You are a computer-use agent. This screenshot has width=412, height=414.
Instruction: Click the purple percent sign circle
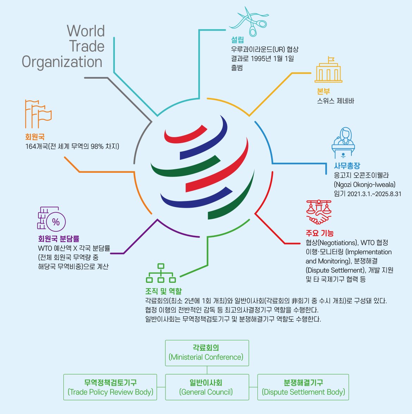click(56, 221)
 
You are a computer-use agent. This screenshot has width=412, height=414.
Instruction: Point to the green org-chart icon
click(161, 274)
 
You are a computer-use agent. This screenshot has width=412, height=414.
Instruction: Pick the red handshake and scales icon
click(319, 212)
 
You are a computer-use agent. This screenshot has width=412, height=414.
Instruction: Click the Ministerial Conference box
click(207, 353)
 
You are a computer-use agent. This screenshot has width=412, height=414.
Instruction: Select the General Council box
click(207, 387)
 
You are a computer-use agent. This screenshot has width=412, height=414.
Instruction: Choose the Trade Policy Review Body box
click(110, 387)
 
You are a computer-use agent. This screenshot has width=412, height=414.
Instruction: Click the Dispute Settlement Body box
click(303, 387)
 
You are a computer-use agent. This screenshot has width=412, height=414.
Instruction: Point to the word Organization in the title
click(62, 62)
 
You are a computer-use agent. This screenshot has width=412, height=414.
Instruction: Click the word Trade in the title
click(87, 46)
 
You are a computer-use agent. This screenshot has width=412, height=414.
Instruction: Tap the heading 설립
click(237, 40)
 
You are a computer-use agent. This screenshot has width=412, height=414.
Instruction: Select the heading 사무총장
click(347, 165)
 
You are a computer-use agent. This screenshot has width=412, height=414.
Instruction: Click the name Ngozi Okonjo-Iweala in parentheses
click(365, 184)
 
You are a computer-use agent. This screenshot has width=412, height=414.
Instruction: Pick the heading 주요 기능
click(319, 233)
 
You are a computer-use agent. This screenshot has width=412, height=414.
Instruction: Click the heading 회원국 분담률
click(58, 239)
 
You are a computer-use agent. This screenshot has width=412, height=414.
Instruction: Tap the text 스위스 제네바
click(335, 101)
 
